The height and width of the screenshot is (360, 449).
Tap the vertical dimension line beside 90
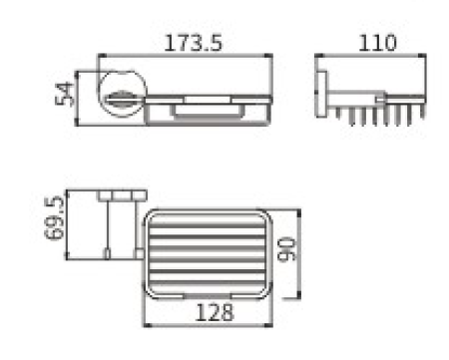point(296,253)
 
